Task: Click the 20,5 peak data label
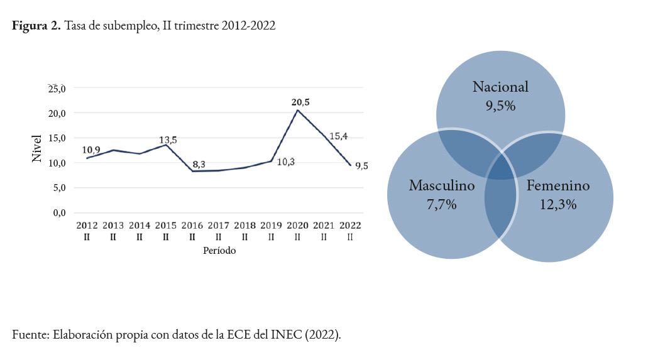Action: pos(300,102)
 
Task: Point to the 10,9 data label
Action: pos(91,150)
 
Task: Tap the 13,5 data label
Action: pos(168,140)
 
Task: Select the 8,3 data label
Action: pos(198,164)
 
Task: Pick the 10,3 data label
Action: pos(285,162)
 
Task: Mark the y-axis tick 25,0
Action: pos(57,88)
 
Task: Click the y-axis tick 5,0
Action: pos(59,187)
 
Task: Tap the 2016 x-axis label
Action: pos(192,225)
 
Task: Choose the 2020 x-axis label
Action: pos(297,225)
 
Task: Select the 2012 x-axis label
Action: pos(86,225)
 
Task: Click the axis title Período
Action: pos(219,250)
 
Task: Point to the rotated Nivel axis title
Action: pos(37,149)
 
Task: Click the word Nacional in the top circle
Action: pos(500,87)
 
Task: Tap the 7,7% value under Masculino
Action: pos(441,204)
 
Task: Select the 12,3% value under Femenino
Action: pos(558,204)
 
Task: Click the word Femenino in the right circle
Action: pos(558,186)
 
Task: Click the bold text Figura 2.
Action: pos(36,27)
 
